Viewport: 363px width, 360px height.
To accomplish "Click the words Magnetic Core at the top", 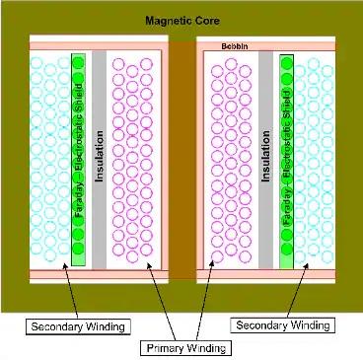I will click(x=181, y=20).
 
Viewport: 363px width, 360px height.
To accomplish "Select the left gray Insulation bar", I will click(x=99, y=158).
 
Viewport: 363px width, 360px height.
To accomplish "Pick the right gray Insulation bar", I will click(x=264, y=158).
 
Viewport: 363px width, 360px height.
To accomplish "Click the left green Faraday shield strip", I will click(x=79, y=158).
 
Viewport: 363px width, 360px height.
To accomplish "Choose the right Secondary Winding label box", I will click(x=284, y=324).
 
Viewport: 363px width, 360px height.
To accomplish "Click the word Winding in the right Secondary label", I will click(x=308, y=324).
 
